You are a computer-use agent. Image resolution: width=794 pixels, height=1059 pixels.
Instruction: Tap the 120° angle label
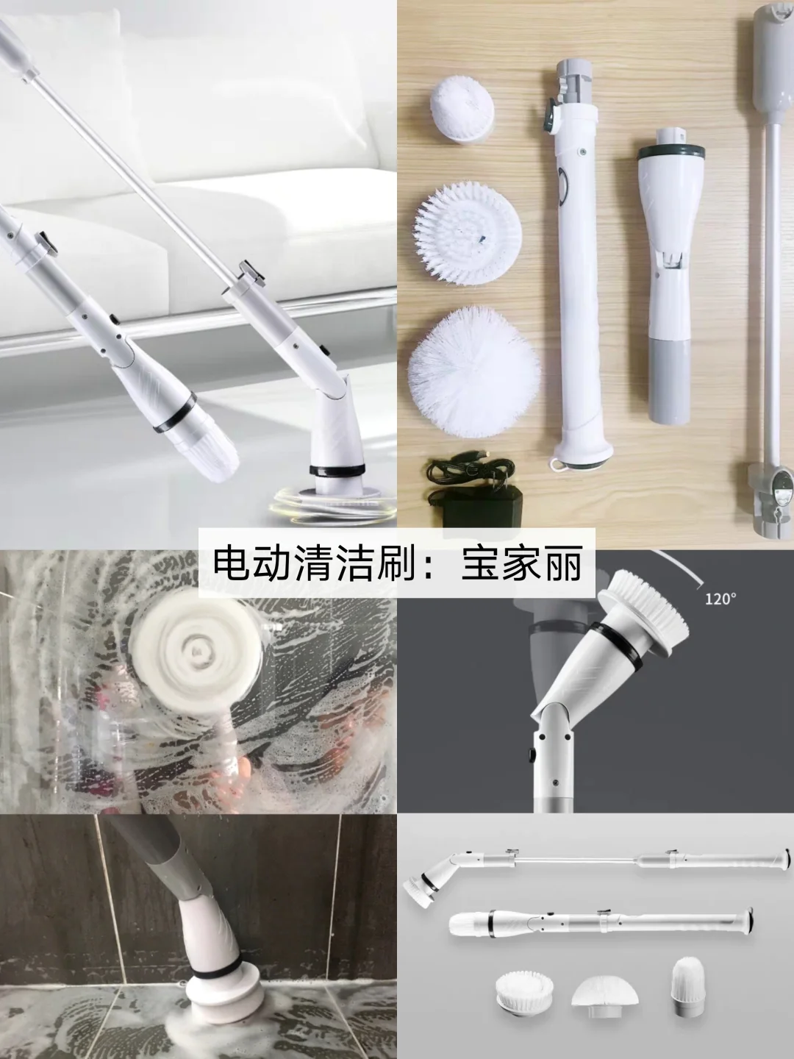[x=720, y=599]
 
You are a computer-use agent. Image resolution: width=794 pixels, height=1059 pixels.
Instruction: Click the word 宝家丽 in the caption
[x=522, y=563]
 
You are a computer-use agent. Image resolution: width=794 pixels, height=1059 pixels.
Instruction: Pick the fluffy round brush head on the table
[x=473, y=369]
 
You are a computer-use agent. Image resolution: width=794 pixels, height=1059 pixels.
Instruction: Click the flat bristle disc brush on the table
[x=468, y=235]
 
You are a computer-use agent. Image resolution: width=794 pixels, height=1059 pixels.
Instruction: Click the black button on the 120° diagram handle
[x=532, y=753]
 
